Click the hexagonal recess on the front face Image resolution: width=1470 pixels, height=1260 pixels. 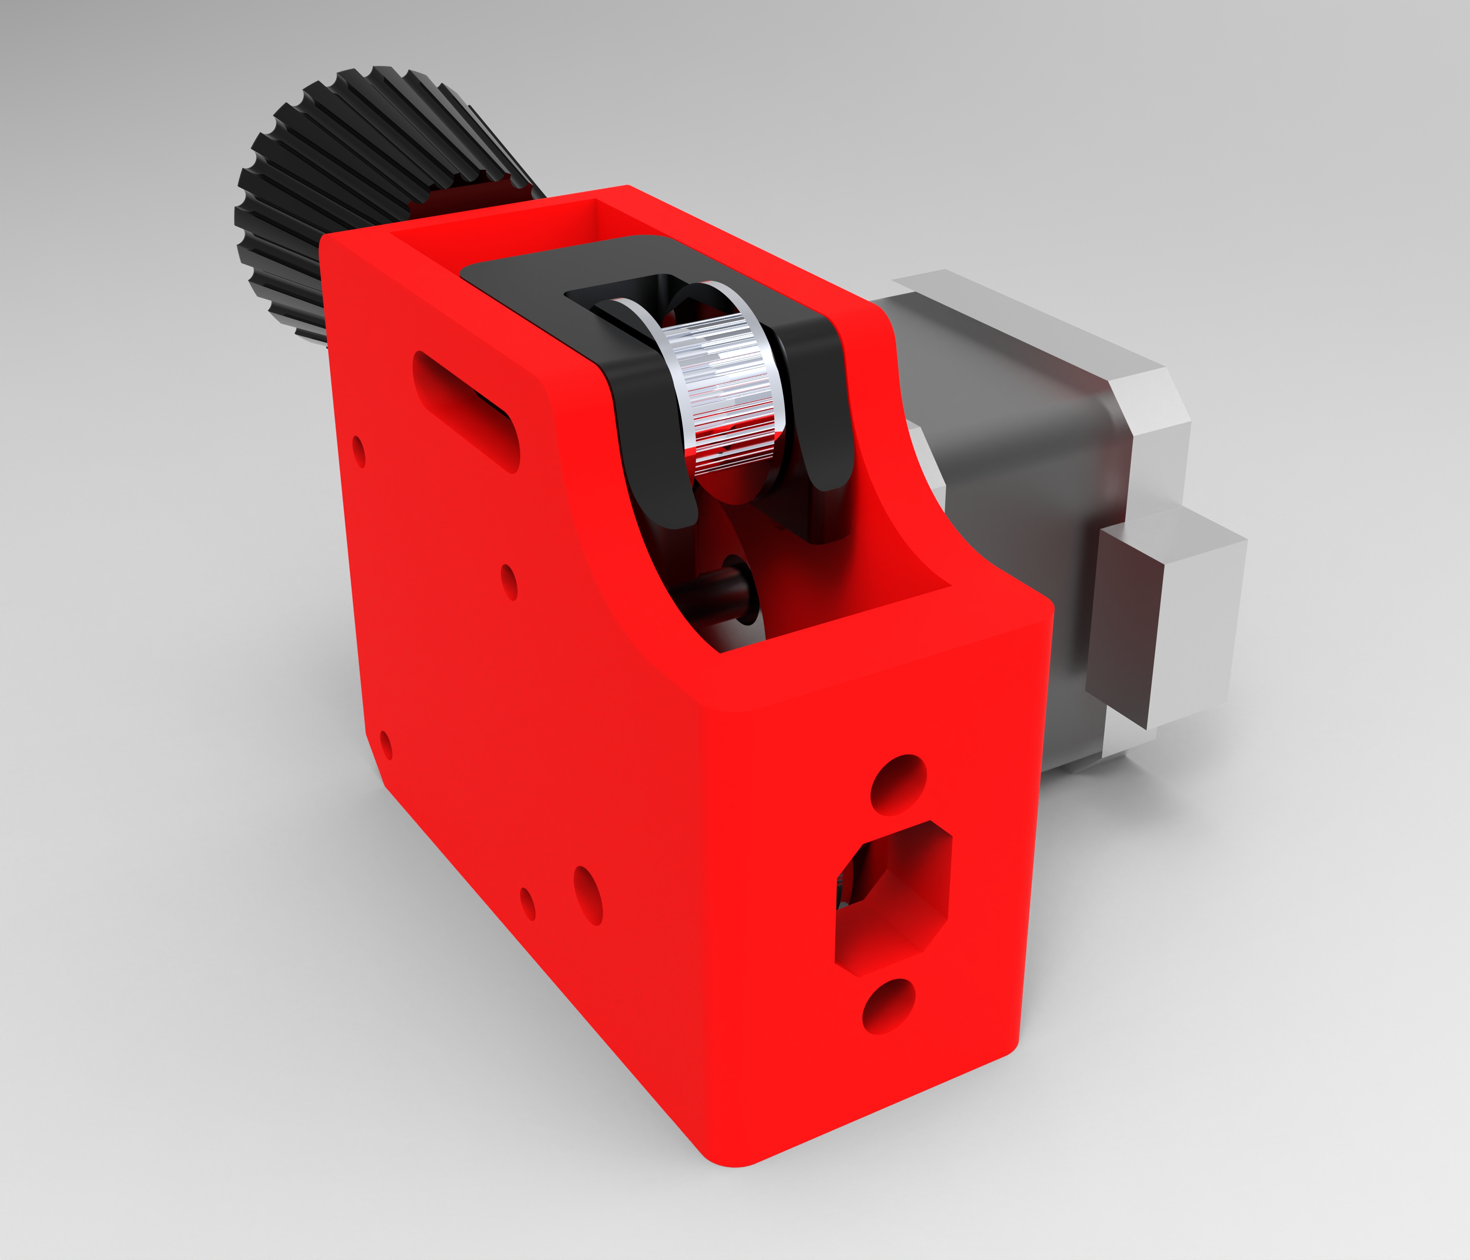tap(894, 897)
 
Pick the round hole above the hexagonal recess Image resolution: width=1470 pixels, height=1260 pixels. tap(898, 784)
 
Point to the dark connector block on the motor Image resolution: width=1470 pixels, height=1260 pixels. tap(1124, 631)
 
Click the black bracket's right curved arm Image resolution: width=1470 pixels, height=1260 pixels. tap(826, 412)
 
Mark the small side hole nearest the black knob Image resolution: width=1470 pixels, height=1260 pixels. tap(359, 452)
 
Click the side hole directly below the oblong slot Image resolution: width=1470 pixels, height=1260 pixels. tap(509, 582)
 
